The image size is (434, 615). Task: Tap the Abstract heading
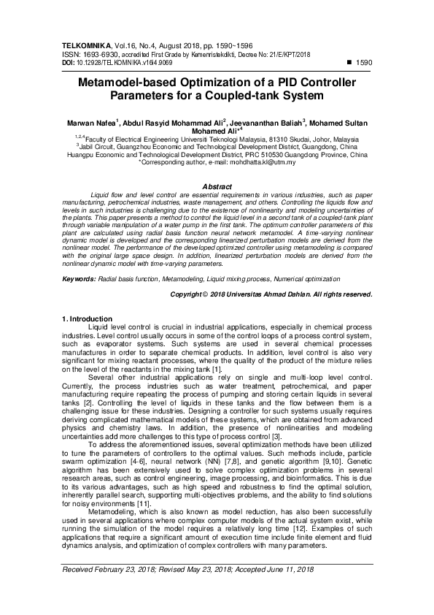tap(217, 187)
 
